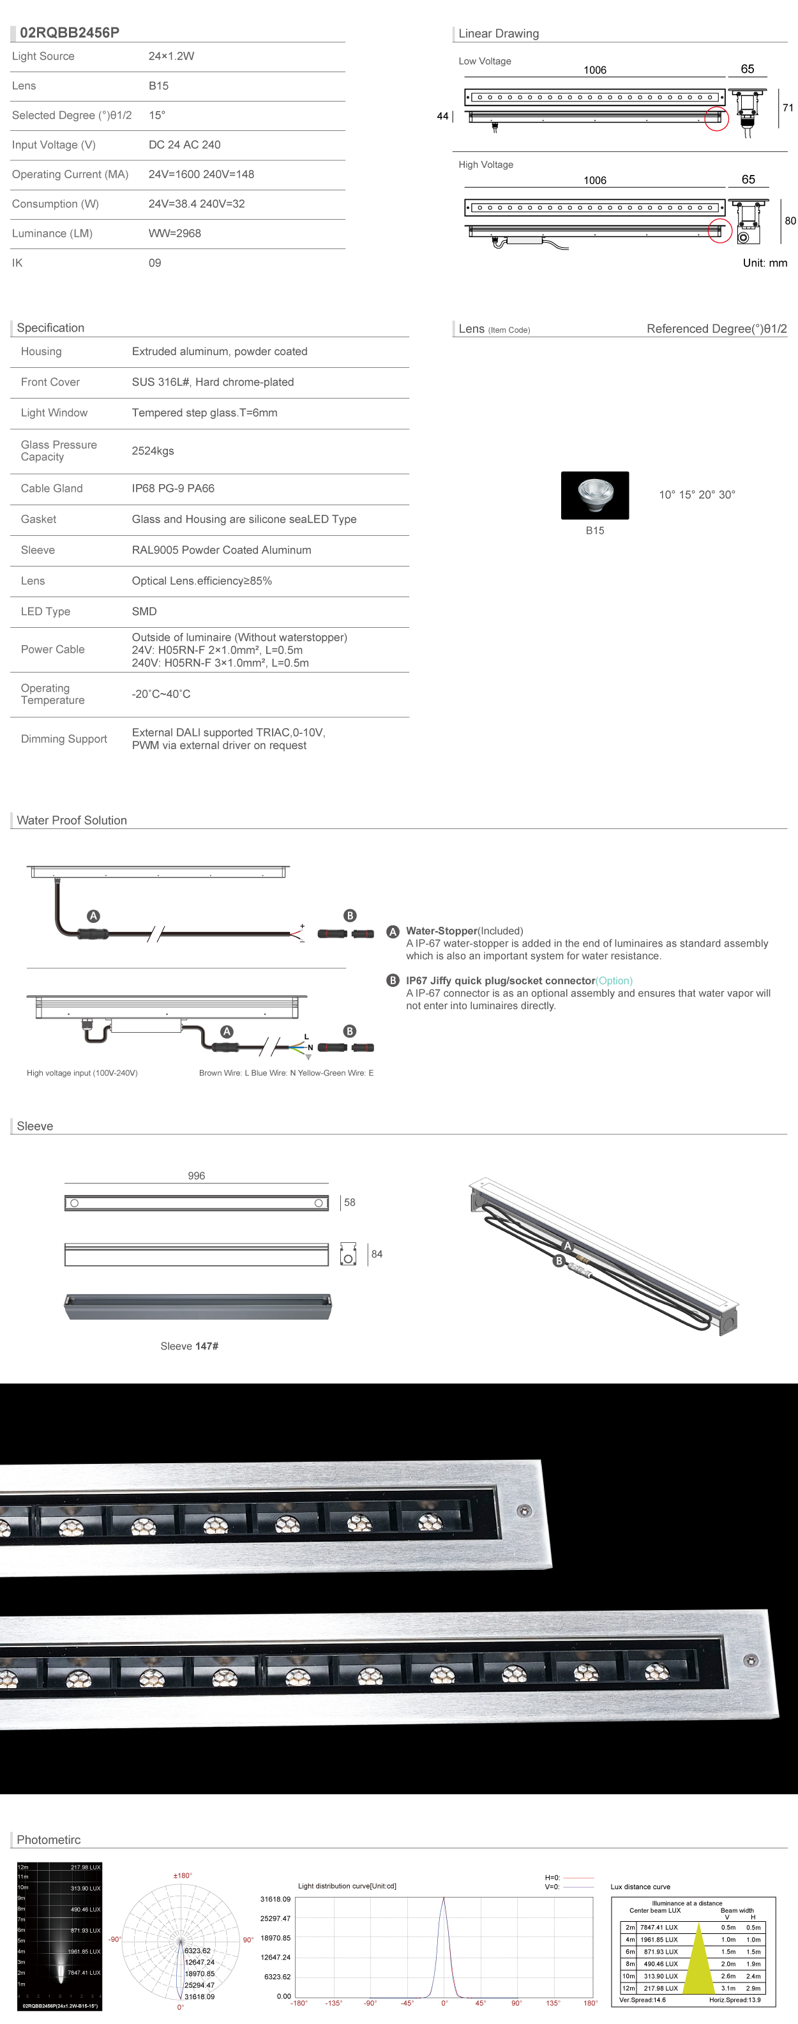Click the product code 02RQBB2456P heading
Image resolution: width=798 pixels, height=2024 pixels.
click(70, 32)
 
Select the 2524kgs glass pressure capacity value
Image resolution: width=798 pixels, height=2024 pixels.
click(153, 451)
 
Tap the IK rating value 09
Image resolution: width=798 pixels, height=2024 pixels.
click(154, 263)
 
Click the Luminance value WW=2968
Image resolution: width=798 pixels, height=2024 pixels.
click(174, 233)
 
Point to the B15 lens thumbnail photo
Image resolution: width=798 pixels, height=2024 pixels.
click(594, 495)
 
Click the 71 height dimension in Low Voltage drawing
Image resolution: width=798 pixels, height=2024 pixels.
click(787, 108)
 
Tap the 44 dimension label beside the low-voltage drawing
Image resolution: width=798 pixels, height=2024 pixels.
click(442, 116)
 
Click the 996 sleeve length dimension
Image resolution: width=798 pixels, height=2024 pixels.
click(197, 1175)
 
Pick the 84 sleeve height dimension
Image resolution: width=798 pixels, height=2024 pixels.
click(377, 1254)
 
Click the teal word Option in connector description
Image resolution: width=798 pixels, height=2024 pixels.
click(614, 980)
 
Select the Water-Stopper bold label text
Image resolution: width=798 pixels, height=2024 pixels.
click(441, 931)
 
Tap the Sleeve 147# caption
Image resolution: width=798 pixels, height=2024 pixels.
click(190, 1346)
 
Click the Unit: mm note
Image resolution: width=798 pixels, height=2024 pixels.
click(764, 263)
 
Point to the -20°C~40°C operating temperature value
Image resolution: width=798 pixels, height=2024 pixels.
click(161, 694)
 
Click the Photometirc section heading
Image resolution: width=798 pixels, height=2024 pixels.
click(49, 1839)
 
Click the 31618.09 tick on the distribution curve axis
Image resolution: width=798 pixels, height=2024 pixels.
click(275, 1899)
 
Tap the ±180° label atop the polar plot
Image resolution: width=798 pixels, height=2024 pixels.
click(182, 1875)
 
